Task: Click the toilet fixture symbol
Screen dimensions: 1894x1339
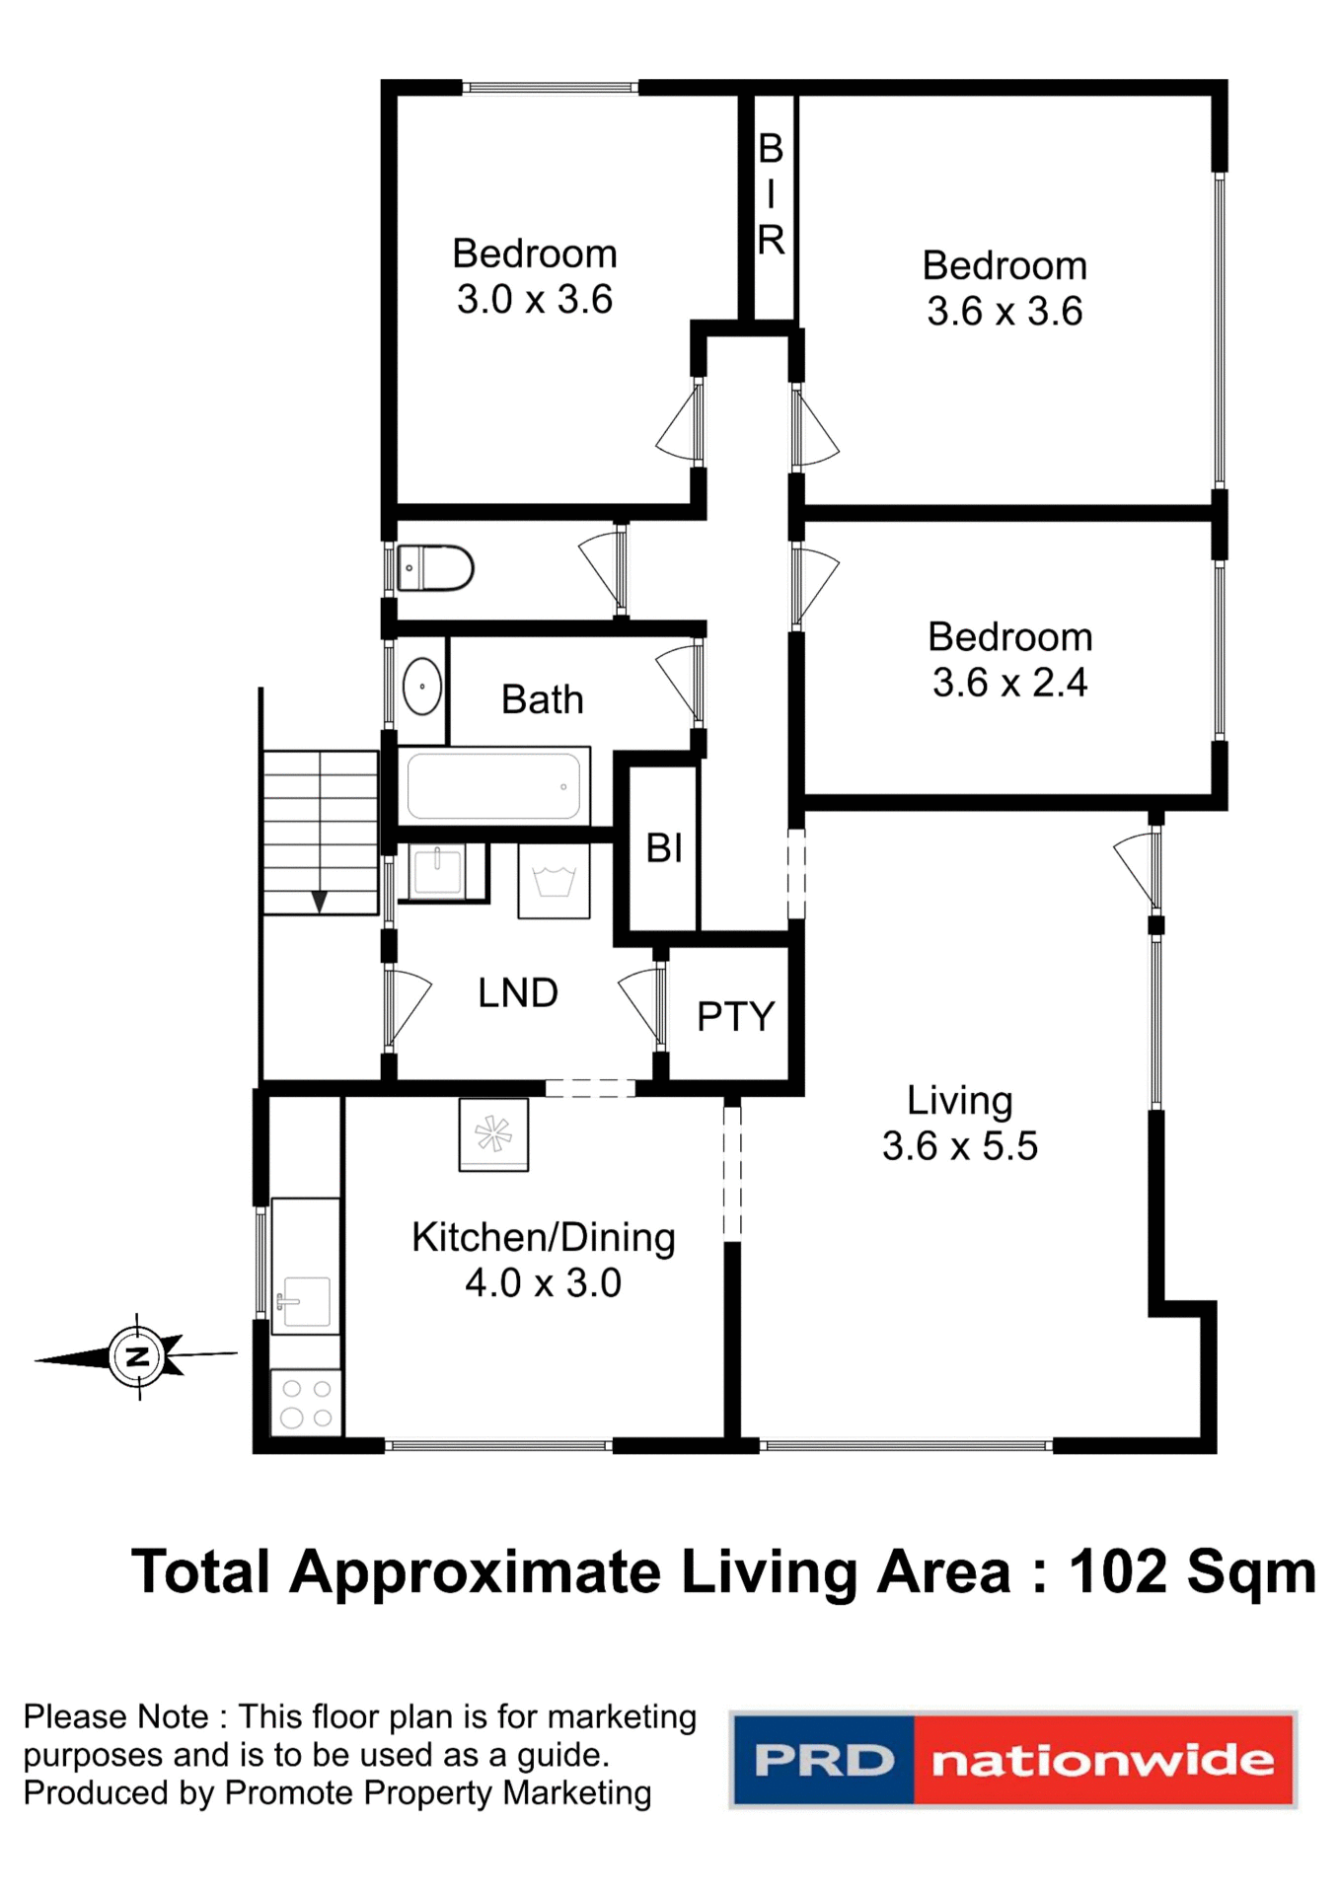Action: [x=435, y=568]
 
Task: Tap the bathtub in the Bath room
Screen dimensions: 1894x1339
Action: [x=493, y=786]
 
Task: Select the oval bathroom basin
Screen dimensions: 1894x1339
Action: [x=422, y=686]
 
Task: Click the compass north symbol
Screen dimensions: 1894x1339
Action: [x=138, y=1356]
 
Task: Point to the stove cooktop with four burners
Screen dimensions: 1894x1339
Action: [x=306, y=1403]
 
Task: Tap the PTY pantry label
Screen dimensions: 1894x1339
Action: [x=735, y=1016]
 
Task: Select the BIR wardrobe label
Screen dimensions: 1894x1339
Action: [x=771, y=194]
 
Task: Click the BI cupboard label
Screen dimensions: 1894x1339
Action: [x=664, y=848]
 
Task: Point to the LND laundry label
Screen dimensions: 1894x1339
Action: [x=518, y=993]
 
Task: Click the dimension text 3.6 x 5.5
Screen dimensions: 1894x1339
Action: [x=959, y=1146]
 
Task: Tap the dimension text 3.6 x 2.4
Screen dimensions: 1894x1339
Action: [x=1009, y=683]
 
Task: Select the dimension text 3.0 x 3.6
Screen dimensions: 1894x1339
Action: [x=535, y=300]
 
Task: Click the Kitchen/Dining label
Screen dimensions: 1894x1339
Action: [x=544, y=1237]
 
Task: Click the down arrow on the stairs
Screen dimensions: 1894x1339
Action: [x=320, y=901]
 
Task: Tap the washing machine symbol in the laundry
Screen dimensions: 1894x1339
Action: [x=554, y=881]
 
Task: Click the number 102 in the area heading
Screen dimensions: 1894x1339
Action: [x=1118, y=1572]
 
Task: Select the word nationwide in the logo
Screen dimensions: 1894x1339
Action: [x=1102, y=1761]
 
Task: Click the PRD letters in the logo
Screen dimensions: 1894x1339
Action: [x=823, y=1761]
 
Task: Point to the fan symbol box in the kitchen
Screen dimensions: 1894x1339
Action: [x=493, y=1134]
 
